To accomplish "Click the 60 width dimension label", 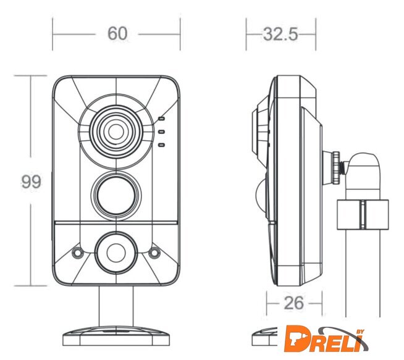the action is pyautogui.click(x=117, y=33).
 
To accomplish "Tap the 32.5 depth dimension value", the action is pyautogui.click(x=280, y=34).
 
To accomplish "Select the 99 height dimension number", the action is pyautogui.click(x=31, y=182).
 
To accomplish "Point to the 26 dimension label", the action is pyautogui.click(x=293, y=303).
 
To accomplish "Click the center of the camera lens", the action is pyautogui.click(x=116, y=132).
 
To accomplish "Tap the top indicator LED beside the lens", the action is pyautogui.click(x=162, y=119).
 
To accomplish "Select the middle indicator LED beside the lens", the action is pyautogui.click(x=162, y=132).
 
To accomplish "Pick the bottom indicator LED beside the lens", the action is pyautogui.click(x=162, y=145).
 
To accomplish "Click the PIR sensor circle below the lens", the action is pyautogui.click(x=116, y=195).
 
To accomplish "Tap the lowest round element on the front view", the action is pyautogui.click(x=116, y=253).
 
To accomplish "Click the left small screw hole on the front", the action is pyautogui.click(x=77, y=253).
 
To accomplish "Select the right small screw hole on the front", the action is pyautogui.click(x=154, y=253).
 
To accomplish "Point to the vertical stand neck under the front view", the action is pyautogui.click(x=116, y=306).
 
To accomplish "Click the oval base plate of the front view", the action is pyautogui.click(x=116, y=336).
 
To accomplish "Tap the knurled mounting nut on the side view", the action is pyautogui.click(x=336, y=167).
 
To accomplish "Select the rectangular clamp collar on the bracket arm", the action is pyautogui.click(x=363, y=214).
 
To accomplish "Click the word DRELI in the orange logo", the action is pyautogui.click(x=323, y=339).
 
